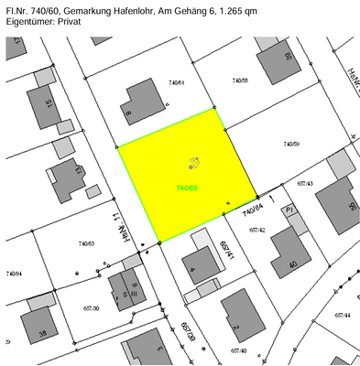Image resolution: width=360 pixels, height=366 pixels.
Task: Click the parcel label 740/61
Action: coord(176,81)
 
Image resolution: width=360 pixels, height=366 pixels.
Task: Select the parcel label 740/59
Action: coord(290,144)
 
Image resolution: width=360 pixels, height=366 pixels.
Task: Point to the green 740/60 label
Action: coord(187,188)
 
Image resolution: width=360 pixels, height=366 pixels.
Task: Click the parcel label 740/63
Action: coord(87,243)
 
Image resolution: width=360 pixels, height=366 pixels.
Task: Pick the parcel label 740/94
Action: coord(14,274)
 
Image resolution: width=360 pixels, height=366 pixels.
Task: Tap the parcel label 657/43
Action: coord(304,184)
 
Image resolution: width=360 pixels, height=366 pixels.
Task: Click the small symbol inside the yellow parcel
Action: coord(194,163)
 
